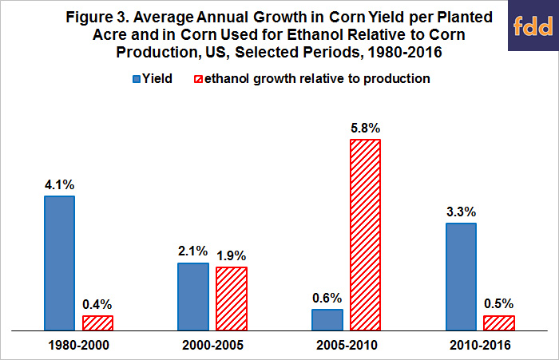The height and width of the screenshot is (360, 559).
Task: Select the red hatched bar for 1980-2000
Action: coord(97,322)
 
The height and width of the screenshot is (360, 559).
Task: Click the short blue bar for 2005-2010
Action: coord(327,319)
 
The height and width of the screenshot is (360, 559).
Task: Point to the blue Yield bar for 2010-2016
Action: coord(460,276)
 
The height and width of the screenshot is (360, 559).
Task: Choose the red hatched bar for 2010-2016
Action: coord(499,322)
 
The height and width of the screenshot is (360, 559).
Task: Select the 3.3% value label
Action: coord(460,213)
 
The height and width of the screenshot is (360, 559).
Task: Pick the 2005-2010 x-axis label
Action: coord(346,346)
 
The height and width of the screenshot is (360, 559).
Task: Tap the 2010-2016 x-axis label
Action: coord(480,346)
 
